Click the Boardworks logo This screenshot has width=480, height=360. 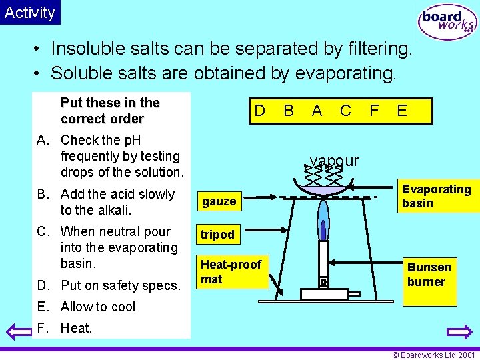pyautogui.click(x=447, y=21)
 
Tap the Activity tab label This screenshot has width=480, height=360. pyautogui.click(x=30, y=12)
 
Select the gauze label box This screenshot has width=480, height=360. pyautogui.click(x=219, y=201)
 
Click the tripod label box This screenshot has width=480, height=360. pyautogui.click(x=218, y=235)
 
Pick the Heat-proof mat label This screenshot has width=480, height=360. pyautogui.click(x=231, y=272)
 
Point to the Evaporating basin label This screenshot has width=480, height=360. pyautogui.click(x=437, y=196)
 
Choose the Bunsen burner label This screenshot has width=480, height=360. pyautogui.click(x=429, y=275)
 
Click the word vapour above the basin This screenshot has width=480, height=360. pyautogui.click(x=334, y=161)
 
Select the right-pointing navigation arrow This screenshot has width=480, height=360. pyautogui.click(x=459, y=332)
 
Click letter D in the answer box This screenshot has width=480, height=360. pyautogui.click(x=260, y=111)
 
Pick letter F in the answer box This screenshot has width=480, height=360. pyautogui.click(x=374, y=111)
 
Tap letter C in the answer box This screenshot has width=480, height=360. pyautogui.click(x=345, y=111)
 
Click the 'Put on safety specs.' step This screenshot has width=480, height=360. pyautogui.click(x=120, y=285)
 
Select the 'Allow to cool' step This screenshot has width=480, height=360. pyautogui.click(x=97, y=307)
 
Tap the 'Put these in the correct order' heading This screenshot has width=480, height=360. pyautogui.click(x=110, y=111)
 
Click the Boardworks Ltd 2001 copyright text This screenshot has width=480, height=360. pyautogui.click(x=433, y=355)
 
